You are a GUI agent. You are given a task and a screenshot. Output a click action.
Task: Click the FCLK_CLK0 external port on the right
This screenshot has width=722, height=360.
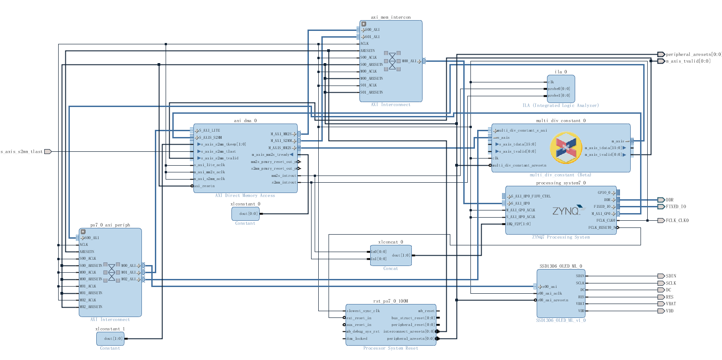point(677,221)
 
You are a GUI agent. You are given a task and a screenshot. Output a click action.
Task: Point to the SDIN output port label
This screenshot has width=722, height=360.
point(671,276)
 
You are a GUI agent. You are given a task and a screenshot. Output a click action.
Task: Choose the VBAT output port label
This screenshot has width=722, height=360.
point(671,304)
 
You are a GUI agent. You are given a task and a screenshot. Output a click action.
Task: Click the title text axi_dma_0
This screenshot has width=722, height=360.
point(245,120)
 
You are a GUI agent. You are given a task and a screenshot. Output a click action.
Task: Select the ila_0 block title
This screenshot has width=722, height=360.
point(560,72)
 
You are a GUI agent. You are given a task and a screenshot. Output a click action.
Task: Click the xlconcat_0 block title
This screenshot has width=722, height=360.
point(390,242)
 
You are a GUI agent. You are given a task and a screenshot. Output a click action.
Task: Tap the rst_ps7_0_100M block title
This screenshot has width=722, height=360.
point(390,301)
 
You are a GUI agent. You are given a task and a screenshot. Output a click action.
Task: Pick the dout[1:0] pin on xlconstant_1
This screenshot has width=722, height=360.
point(113,339)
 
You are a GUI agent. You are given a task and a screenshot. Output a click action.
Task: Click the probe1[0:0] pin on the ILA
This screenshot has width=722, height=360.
point(559,95)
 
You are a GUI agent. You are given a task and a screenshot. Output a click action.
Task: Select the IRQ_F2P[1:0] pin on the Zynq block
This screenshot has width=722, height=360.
point(519,224)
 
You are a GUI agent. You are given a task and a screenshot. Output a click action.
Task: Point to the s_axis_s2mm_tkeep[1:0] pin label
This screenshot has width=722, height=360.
point(223,144)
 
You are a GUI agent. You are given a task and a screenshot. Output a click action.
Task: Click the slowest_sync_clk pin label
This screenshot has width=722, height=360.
point(363,311)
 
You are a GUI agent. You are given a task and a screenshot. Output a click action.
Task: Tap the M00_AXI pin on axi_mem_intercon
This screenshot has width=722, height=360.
point(409,61)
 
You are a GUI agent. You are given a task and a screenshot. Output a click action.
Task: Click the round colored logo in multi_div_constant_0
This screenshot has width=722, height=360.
point(566,148)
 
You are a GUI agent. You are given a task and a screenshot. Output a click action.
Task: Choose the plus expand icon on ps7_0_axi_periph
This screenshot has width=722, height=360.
point(83,231)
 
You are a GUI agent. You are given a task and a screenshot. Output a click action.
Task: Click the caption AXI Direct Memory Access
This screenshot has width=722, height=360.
point(245,196)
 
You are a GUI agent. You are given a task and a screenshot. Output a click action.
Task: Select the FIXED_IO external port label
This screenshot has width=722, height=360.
point(675,207)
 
